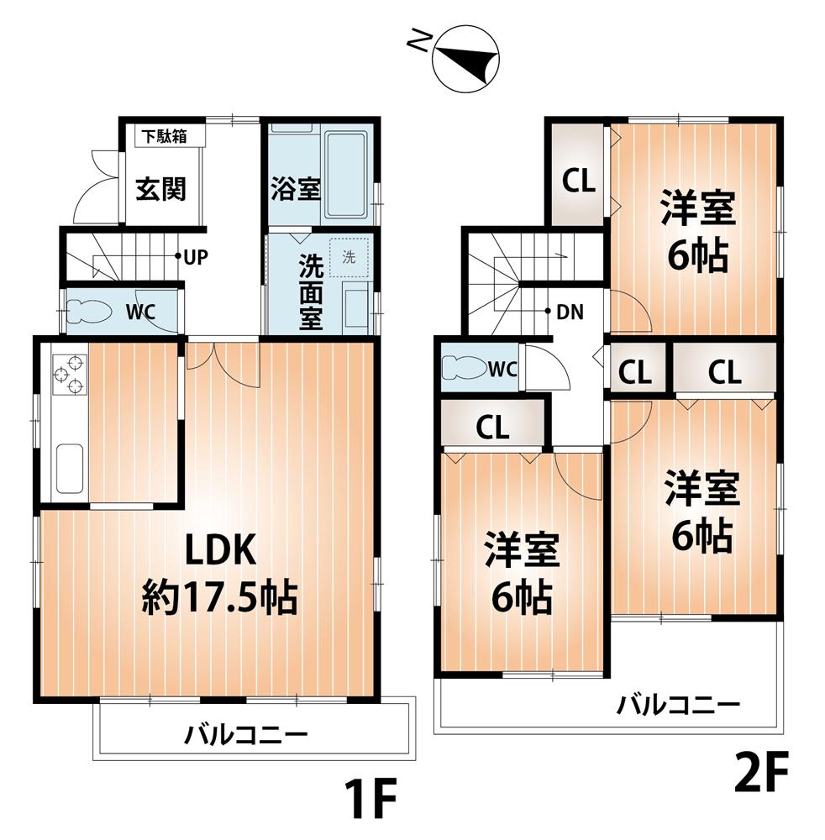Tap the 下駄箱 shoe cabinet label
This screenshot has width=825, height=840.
tap(163, 136)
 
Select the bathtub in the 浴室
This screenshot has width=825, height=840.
tap(346, 175)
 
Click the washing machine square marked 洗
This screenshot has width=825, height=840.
tap(349, 258)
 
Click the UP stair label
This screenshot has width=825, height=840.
tap(196, 256)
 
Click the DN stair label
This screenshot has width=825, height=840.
tap(570, 312)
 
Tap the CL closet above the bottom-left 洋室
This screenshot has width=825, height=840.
tap(492, 427)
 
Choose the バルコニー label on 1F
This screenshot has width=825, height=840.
tap(246, 737)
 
